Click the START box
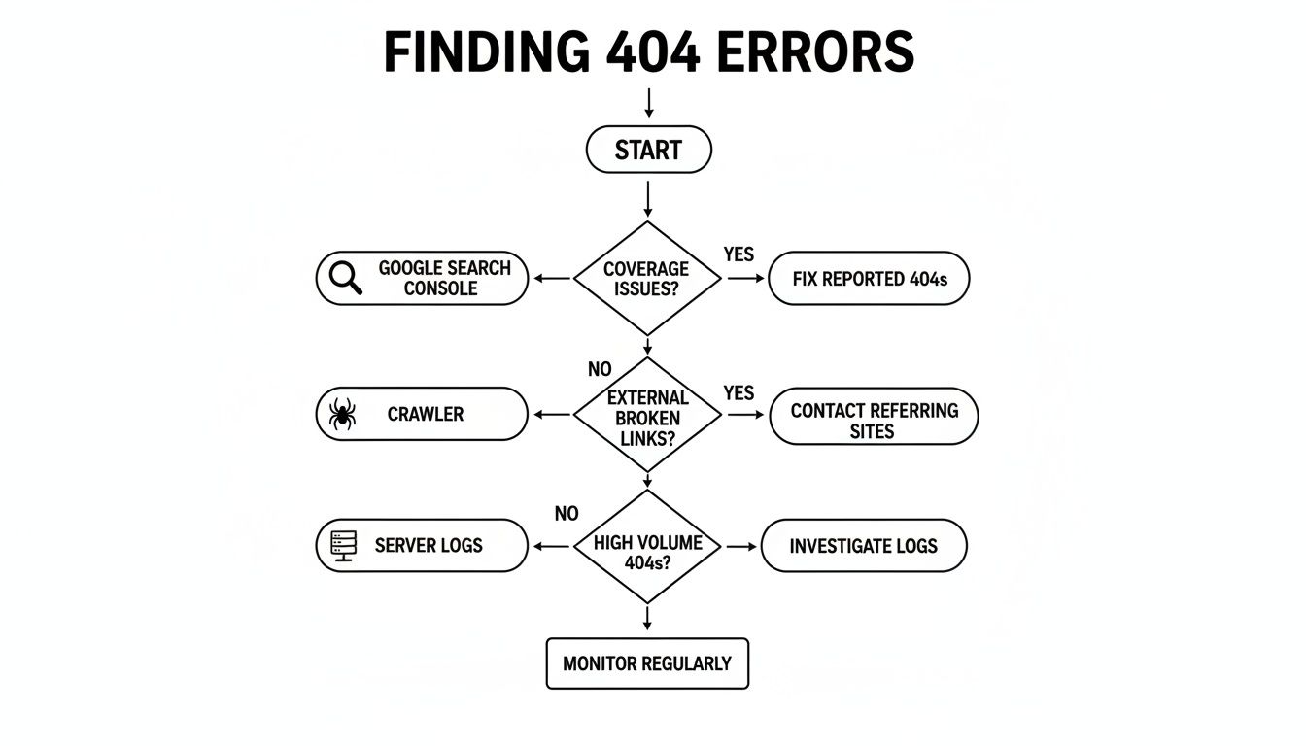(648, 151)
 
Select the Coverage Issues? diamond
(647, 279)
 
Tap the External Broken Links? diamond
(647, 415)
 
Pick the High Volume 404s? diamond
(647, 546)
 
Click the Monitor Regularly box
(647, 664)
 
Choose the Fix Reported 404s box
(869, 279)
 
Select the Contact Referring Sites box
(873, 420)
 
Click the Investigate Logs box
(863, 546)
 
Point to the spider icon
(342, 414)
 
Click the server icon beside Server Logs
(344, 546)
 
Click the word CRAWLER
(426, 415)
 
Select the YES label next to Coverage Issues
(739, 254)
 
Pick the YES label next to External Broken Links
(739, 392)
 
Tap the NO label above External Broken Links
(600, 370)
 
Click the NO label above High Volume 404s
(567, 514)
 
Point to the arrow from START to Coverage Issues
(647, 199)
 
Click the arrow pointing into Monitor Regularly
(647, 619)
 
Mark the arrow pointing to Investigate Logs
(741, 546)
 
